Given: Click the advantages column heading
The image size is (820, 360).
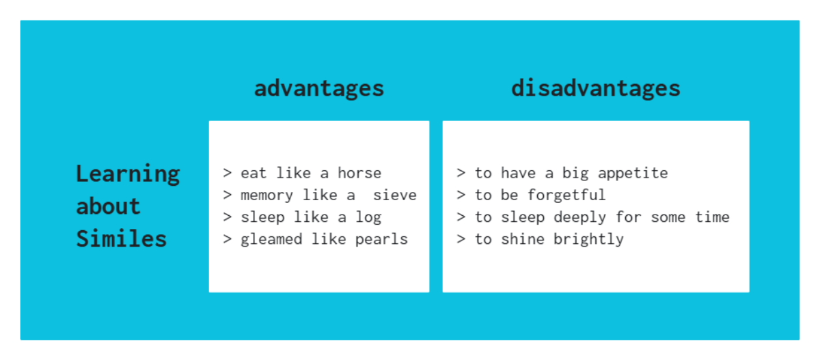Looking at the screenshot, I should click(x=319, y=88).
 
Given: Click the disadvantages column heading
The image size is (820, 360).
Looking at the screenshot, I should click(x=596, y=88).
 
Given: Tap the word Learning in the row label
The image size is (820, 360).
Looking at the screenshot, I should click(x=128, y=174).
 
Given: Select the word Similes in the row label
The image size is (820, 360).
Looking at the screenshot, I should click(x=122, y=238).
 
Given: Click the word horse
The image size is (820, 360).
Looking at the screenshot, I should click(x=359, y=173).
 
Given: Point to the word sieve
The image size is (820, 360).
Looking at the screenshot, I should click(x=395, y=195).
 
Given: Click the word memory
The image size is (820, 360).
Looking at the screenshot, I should click(x=267, y=195).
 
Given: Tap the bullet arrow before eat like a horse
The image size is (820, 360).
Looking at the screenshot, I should click(x=228, y=173).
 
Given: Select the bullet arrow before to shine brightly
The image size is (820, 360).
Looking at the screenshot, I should click(x=461, y=239).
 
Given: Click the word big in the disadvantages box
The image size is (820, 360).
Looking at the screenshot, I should click(x=579, y=173).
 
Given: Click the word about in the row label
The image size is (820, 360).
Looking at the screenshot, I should click(x=108, y=206).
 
